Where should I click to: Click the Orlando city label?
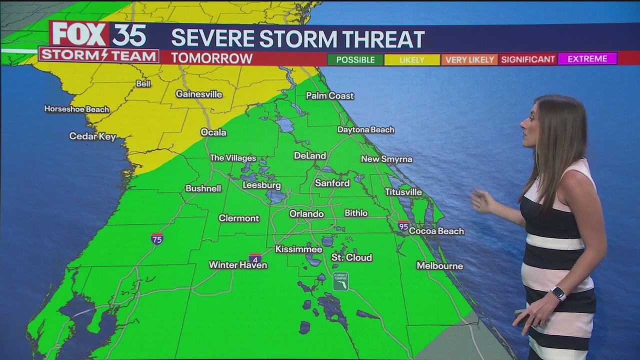[x=306, y=213]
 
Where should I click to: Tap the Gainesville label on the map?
[x=198, y=94]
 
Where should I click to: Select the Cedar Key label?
[x=92, y=136]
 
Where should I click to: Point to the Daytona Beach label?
[x=365, y=129]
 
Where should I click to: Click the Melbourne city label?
[x=439, y=265]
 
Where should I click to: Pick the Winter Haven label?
[x=237, y=264]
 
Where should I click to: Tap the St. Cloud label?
[x=351, y=257]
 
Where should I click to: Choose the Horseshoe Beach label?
[x=76, y=108]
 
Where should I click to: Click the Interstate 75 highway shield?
[x=157, y=238]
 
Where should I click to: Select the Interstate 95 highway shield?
[x=403, y=225]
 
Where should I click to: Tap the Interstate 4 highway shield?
[x=255, y=258]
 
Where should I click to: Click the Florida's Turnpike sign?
[x=340, y=281]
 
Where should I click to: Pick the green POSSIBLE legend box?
[x=355, y=59]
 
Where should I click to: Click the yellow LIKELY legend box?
[x=412, y=59]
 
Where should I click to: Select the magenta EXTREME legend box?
[x=587, y=59]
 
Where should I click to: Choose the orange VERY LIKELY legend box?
[x=469, y=59]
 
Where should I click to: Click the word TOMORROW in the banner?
[x=211, y=58]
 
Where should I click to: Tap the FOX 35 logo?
[x=98, y=35]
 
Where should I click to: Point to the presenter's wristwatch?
[x=558, y=293]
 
